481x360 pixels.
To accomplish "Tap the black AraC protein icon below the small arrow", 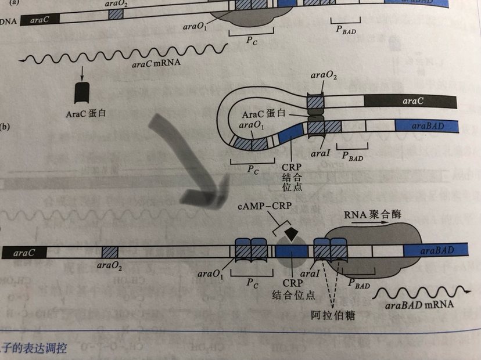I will [82, 92].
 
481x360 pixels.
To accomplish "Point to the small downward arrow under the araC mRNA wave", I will [82, 73].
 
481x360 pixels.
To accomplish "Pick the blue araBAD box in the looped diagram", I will [426, 125].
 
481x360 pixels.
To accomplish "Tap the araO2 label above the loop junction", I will [324, 76].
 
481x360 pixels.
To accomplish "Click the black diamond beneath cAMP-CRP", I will [289, 235].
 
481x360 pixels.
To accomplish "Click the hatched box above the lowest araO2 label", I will [110, 253].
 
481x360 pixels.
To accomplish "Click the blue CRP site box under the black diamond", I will [291, 252].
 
